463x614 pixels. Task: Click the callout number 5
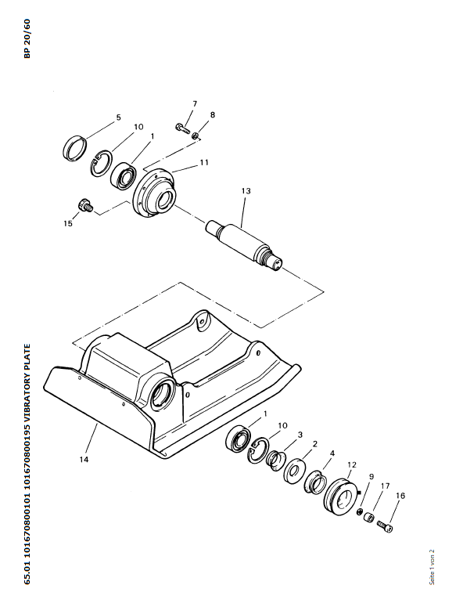click(x=119, y=117)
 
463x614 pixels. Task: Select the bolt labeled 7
click(x=181, y=128)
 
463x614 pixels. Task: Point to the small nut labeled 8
click(x=196, y=136)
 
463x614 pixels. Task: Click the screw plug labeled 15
click(x=84, y=205)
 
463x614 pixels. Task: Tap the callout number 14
click(x=84, y=459)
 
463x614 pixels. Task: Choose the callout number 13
click(x=246, y=191)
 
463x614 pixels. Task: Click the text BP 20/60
click(x=27, y=38)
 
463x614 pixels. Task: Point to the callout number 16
click(x=400, y=495)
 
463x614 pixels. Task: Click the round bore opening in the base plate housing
click(x=163, y=395)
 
